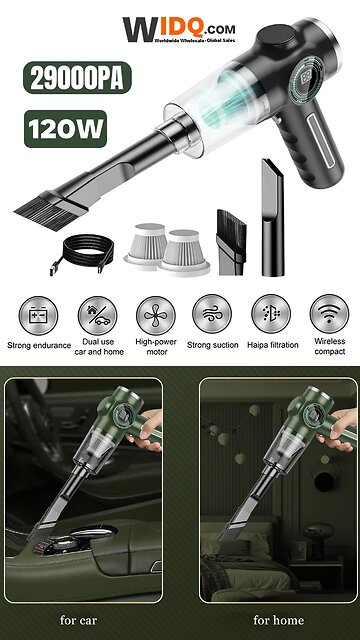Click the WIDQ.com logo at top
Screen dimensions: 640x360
(x=181, y=32)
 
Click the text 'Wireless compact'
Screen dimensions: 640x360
(x=328, y=352)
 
